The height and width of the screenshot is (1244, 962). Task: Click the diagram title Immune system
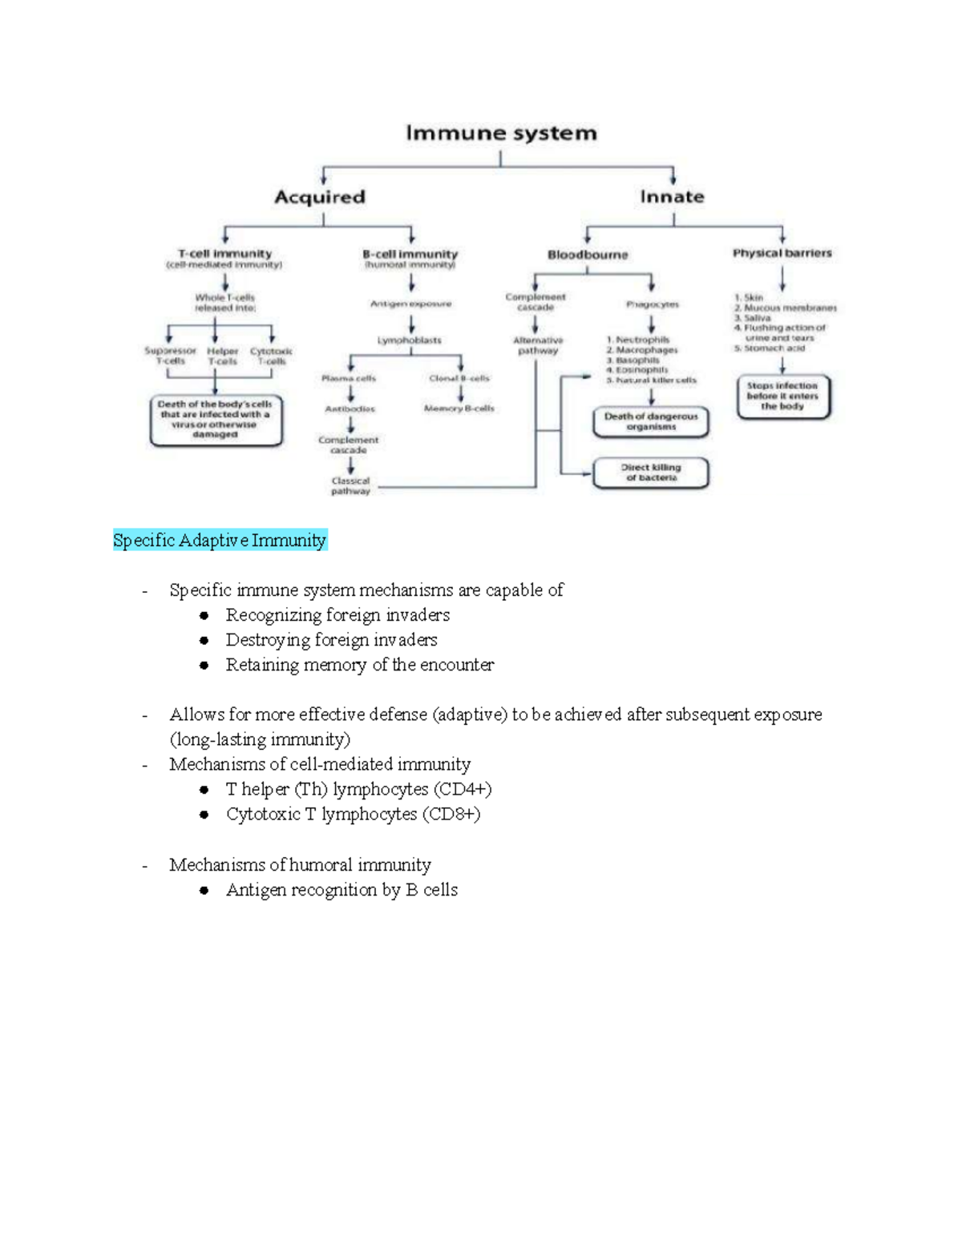click(x=501, y=133)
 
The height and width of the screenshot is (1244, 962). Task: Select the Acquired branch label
click(x=319, y=197)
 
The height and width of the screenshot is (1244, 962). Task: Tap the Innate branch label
click(x=672, y=197)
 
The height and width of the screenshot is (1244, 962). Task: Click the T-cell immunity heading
click(x=224, y=254)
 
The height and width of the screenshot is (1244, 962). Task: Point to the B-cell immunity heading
click(x=410, y=254)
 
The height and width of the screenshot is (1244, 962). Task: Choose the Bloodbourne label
click(x=588, y=255)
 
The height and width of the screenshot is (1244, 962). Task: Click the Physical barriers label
click(x=782, y=253)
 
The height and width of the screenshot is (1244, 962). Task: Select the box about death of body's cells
click(x=216, y=420)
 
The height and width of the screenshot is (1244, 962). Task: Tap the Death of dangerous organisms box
click(x=651, y=421)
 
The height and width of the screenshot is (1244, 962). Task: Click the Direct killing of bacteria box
click(x=651, y=473)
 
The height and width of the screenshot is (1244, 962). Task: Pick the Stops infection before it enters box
click(x=782, y=397)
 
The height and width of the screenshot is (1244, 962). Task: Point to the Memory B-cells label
click(x=459, y=409)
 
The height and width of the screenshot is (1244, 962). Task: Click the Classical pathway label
click(x=350, y=486)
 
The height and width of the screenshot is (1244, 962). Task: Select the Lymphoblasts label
click(x=410, y=340)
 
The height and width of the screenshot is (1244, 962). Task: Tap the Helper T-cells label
click(x=222, y=356)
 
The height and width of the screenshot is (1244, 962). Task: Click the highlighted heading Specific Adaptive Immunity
click(x=220, y=541)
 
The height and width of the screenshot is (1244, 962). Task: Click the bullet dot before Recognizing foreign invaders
click(x=204, y=616)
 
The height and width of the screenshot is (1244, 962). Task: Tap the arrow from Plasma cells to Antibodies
click(x=351, y=393)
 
